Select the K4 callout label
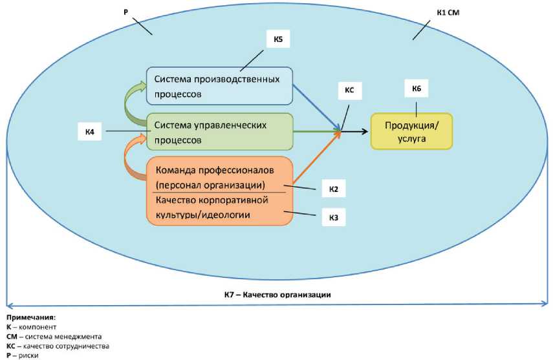pyautogui.click(x=90, y=132)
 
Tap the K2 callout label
pyautogui.click(x=333, y=189)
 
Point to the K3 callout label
pyautogui.click(x=333, y=217)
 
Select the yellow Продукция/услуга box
pyautogui.click(x=411, y=131)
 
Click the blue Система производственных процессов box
pyautogui.click(x=219, y=86)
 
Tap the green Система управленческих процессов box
pyautogui.click(x=219, y=131)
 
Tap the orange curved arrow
pyautogui.click(x=134, y=158)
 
